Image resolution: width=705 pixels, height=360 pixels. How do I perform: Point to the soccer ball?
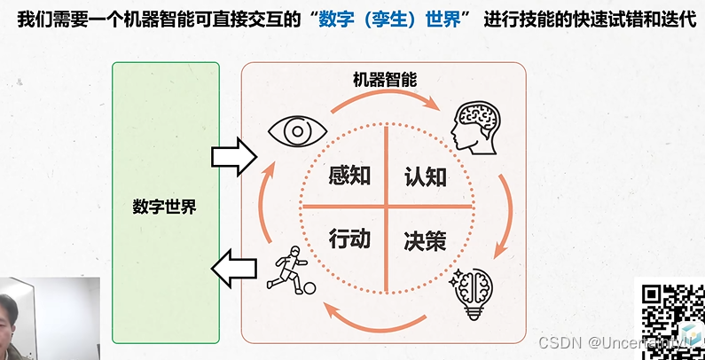(308, 287)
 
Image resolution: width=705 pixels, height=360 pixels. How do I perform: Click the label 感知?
(349, 176)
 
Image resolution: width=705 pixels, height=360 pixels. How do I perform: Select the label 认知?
(426, 176)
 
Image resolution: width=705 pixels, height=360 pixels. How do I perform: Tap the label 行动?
(349, 239)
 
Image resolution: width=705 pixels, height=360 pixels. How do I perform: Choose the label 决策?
(426, 239)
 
